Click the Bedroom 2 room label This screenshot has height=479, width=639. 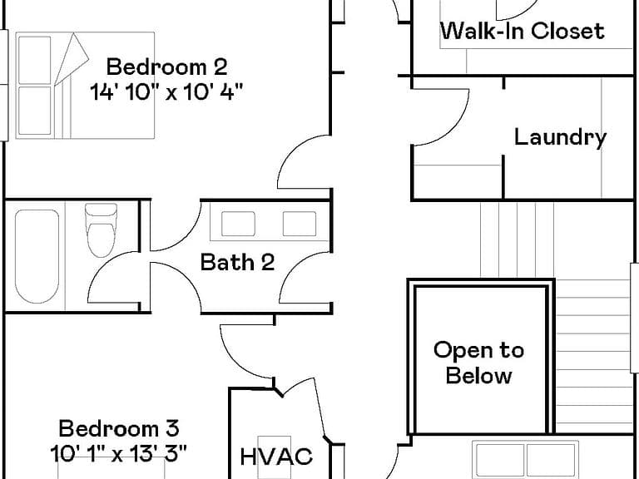point(166,67)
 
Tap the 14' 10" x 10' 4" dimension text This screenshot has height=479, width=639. point(166,91)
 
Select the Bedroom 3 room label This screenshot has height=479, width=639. point(119,428)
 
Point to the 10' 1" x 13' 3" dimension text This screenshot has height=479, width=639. point(119,453)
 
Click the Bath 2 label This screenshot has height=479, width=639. point(238,262)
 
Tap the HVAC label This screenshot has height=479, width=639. point(276,457)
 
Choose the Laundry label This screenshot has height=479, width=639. point(560,137)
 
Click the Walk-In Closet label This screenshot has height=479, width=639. point(523,31)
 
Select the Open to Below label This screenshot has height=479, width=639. point(479,363)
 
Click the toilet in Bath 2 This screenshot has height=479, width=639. point(101,230)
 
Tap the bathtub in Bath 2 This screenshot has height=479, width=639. point(37,257)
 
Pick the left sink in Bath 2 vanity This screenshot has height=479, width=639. point(238,224)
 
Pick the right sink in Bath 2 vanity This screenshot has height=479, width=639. point(300,224)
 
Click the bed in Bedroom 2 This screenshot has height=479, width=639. point(85,86)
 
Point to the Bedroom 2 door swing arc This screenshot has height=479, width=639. point(293,151)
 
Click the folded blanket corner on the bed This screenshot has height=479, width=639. point(72,59)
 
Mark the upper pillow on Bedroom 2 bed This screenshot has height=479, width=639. point(35,60)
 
